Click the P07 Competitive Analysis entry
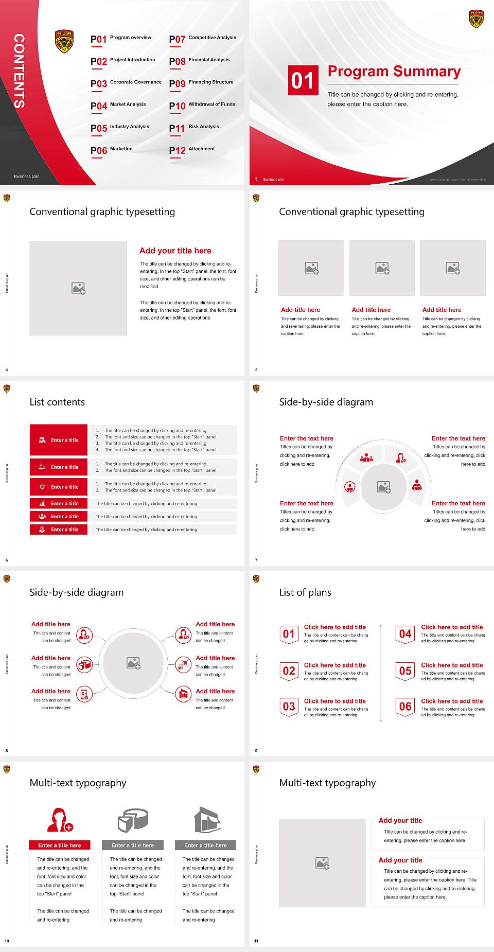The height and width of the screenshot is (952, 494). [202, 39]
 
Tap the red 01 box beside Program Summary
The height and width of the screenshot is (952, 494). [302, 80]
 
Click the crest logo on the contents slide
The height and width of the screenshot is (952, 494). [64, 42]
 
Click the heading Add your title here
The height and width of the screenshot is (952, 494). [175, 251]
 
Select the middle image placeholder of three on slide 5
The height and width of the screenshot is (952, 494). [382, 268]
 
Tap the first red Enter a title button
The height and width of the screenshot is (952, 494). [59, 440]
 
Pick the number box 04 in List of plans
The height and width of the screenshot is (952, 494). [405, 634]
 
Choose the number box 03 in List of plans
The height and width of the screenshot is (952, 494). [289, 707]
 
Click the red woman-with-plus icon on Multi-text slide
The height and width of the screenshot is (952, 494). [60, 820]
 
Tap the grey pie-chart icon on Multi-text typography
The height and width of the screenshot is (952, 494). [133, 820]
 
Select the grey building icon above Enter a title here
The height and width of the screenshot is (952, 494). [207, 820]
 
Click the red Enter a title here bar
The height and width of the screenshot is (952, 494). [59, 845]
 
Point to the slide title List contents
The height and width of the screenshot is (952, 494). [57, 402]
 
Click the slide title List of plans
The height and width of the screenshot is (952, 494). [305, 592]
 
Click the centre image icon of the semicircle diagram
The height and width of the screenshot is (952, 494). [383, 487]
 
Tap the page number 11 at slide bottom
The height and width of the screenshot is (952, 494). [256, 941]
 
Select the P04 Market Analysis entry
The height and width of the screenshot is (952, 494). [119, 105]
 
